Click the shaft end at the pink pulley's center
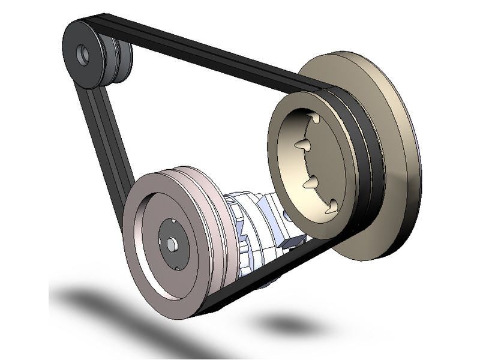(x=173, y=245)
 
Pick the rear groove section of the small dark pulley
(x=121, y=60)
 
